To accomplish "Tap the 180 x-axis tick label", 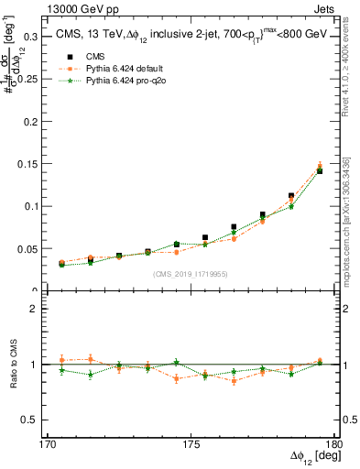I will [x=333, y=444].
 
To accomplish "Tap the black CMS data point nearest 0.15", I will [x=320, y=171].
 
